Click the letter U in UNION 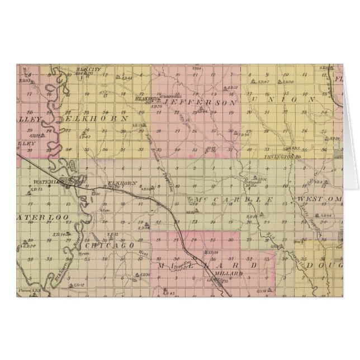pos(256,99)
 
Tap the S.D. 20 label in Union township pos(288,82)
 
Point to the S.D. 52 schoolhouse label pos(233,88)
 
